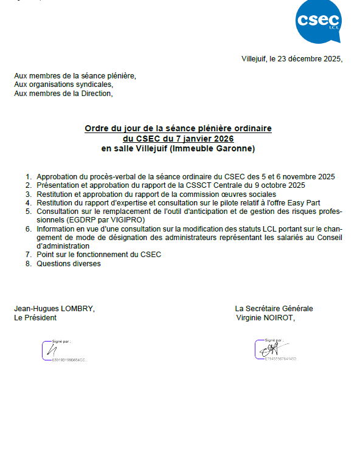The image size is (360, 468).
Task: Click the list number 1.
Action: [29, 176]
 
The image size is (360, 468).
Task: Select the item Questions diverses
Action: [69, 263]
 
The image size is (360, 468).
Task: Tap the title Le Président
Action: [35, 317]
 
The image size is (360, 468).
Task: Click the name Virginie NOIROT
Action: [268, 317]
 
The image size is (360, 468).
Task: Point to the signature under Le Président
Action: [52, 350]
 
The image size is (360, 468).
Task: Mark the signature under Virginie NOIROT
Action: [268, 349]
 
